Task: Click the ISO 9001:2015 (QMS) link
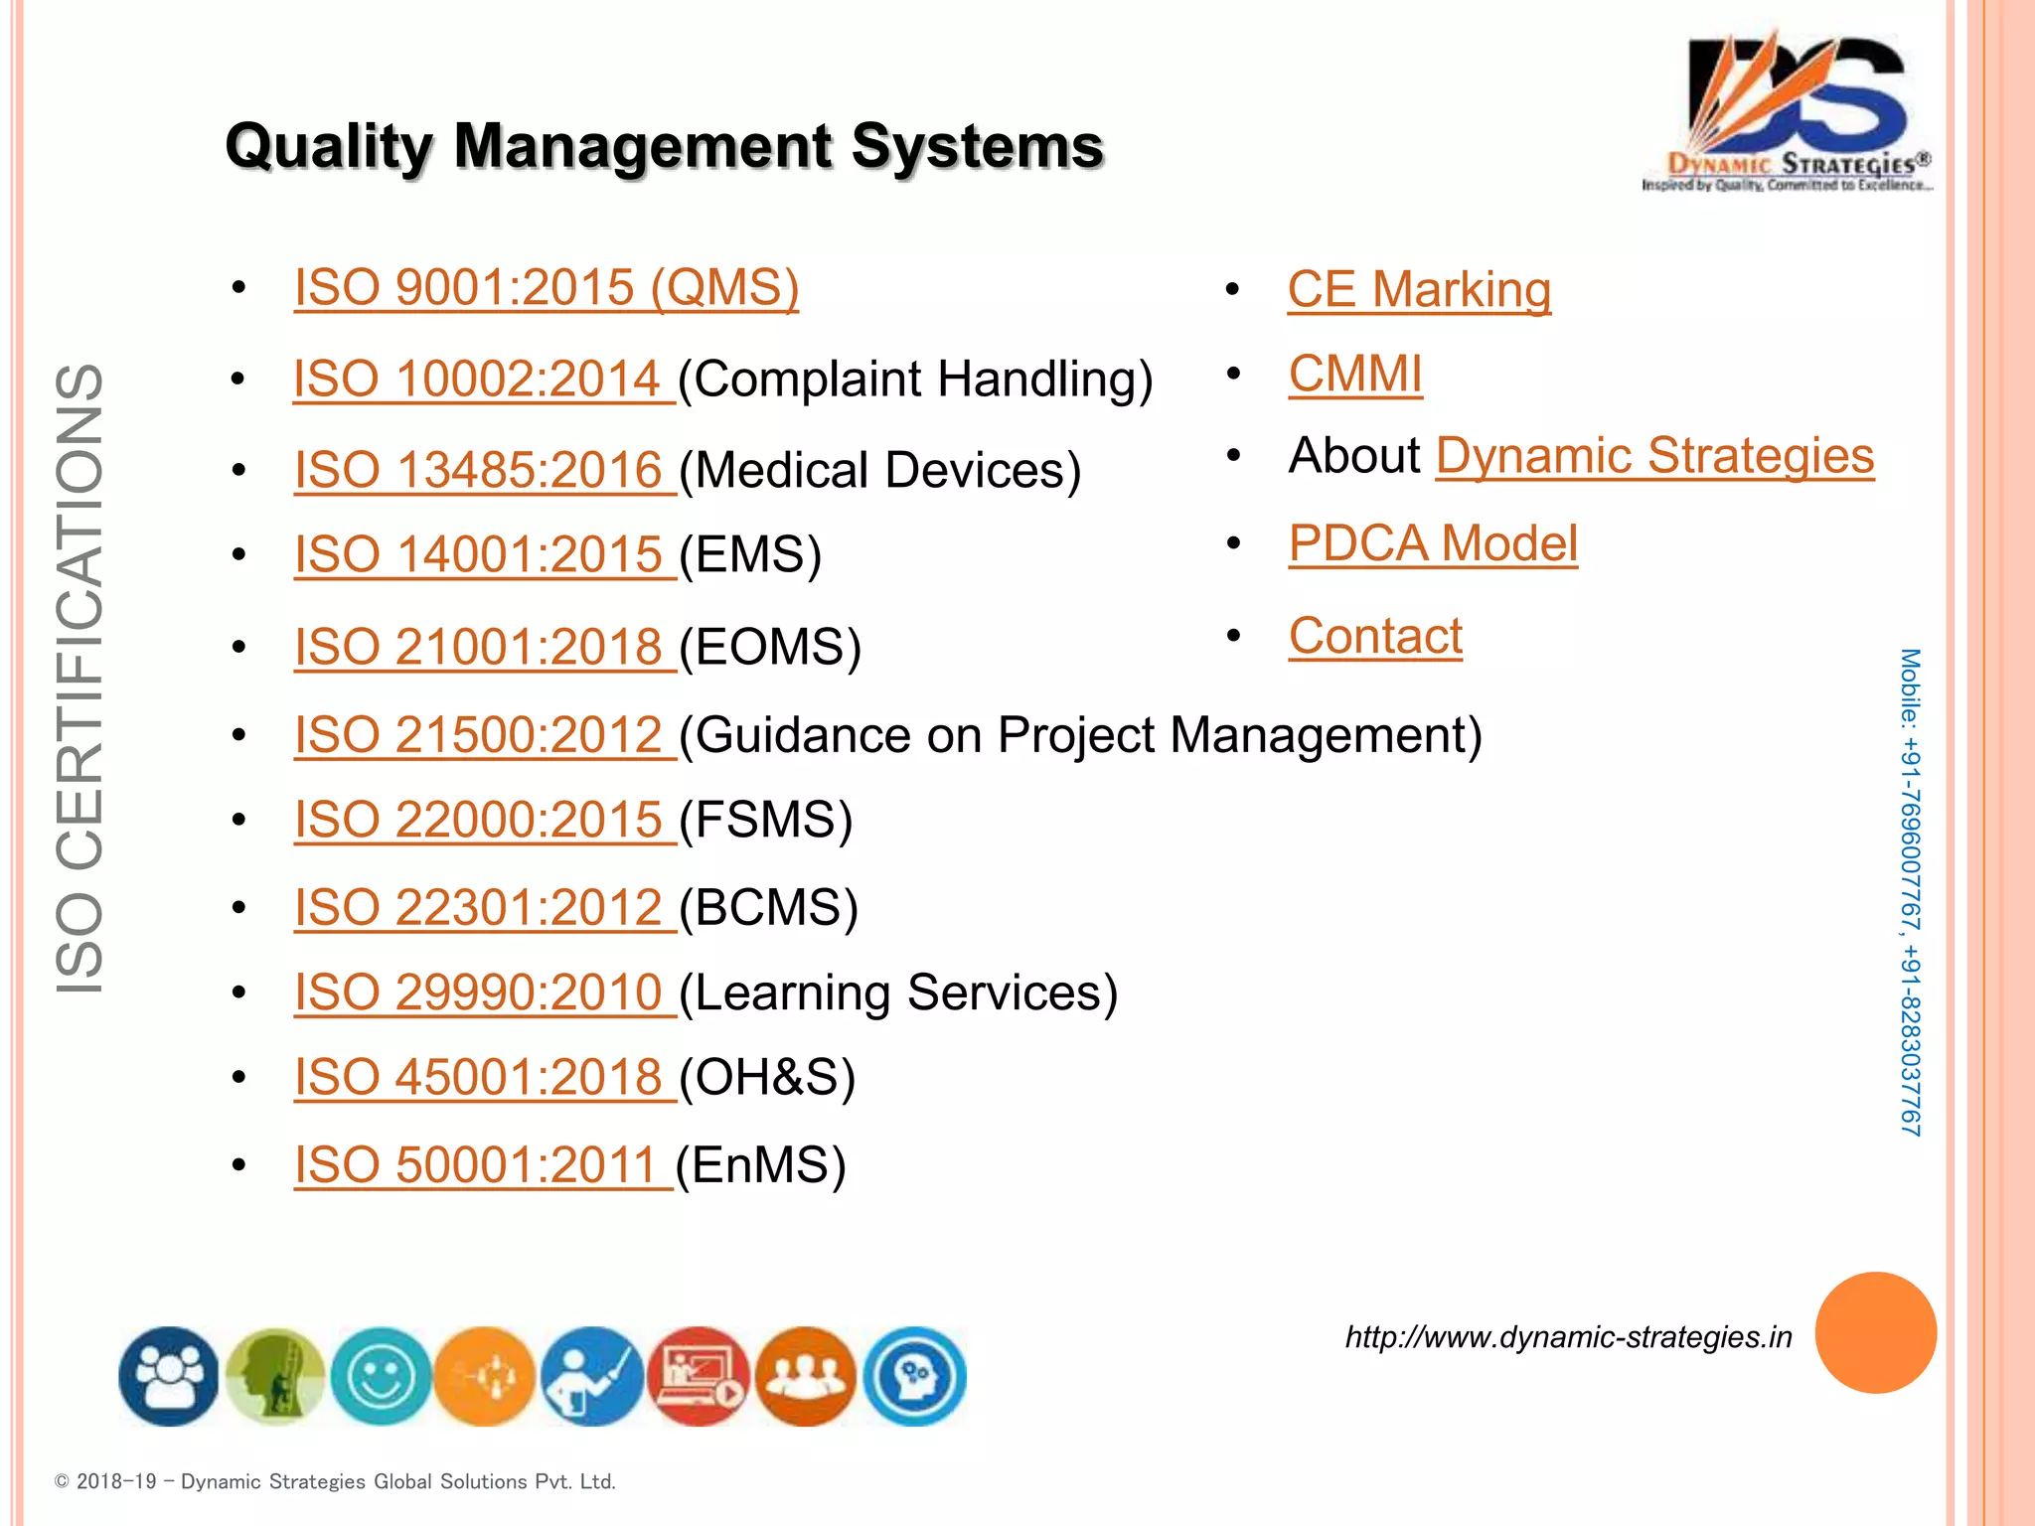click(546, 288)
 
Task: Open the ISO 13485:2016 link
click(479, 470)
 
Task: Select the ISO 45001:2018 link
click(479, 1077)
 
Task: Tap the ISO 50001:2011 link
click(477, 1164)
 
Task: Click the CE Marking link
click(1419, 290)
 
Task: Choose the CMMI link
click(1355, 375)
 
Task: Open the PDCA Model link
click(1433, 543)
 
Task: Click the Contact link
click(1375, 636)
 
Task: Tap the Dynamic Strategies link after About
click(1654, 456)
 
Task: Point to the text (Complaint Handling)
click(915, 380)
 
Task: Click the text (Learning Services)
click(898, 992)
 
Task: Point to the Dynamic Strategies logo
click(1789, 111)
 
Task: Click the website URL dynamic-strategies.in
click(1568, 1337)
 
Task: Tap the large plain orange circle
click(1875, 1332)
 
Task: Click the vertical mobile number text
click(1910, 892)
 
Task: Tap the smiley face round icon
click(381, 1377)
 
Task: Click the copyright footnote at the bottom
click(335, 1481)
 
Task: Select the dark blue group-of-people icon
click(169, 1377)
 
